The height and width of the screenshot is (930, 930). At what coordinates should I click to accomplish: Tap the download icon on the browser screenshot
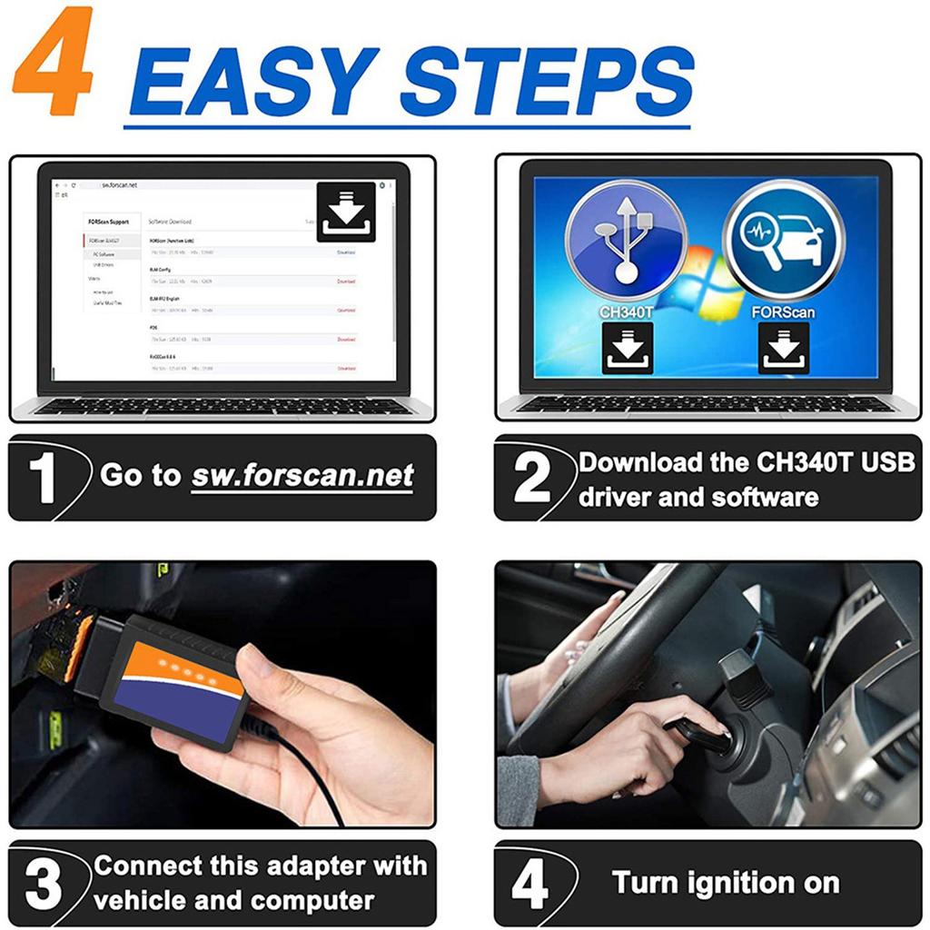click(x=346, y=213)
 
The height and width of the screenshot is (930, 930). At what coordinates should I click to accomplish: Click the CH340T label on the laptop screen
click(x=626, y=312)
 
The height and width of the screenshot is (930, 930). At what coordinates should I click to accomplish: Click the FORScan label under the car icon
click(x=783, y=312)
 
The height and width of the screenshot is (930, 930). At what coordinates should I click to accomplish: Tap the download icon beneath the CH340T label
click(x=627, y=348)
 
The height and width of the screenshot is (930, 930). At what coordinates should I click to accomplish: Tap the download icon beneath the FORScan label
click(x=783, y=348)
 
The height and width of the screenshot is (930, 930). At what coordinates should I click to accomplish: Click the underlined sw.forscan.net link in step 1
click(x=302, y=476)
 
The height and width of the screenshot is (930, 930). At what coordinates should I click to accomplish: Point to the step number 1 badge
click(x=43, y=478)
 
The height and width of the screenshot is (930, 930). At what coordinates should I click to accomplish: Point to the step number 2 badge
click(x=531, y=478)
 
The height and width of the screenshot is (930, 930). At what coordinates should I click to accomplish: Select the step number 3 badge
click(x=43, y=884)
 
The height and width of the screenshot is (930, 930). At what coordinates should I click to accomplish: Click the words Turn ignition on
click(x=725, y=883)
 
